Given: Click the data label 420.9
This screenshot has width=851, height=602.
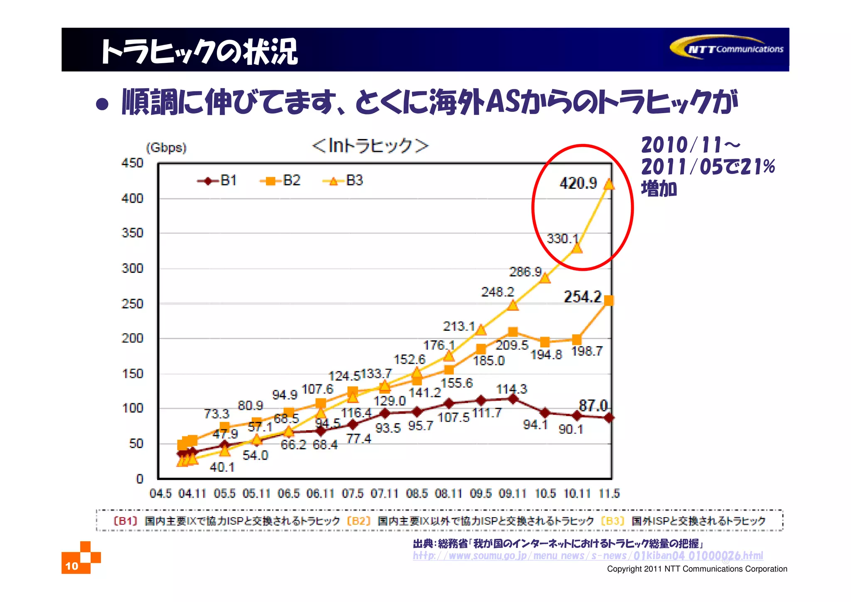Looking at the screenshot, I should (x=578, y=183).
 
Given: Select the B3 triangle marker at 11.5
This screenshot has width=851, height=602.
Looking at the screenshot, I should (x=609, y=184).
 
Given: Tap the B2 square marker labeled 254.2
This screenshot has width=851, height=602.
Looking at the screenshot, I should (x=609, y=300).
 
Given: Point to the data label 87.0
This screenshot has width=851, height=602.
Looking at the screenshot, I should (x=593, y=405).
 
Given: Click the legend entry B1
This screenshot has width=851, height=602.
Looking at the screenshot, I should (x=217, y=181).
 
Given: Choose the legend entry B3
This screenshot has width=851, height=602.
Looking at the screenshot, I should (x=343, y=181).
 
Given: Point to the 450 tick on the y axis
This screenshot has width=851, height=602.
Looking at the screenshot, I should (x=132, y=163).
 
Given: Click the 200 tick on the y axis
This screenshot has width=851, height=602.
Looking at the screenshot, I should (x=132, y=338).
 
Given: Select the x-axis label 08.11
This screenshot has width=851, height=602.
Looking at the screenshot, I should (x=448, y=493).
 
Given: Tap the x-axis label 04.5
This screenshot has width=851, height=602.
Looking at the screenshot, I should (x=160, y=493).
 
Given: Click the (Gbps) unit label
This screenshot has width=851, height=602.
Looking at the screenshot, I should (x=166, y=148).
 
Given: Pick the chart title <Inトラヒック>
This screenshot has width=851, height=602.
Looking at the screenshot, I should (x=370, y=146).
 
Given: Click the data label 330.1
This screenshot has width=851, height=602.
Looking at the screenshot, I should (x=562, y=238).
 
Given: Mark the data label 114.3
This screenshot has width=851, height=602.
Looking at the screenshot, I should (x=512, y=389).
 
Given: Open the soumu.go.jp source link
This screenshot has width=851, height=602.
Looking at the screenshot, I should (x=588, y=556).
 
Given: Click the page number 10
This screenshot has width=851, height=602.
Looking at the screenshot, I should (x=71, y=566).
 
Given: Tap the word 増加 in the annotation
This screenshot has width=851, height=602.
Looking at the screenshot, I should (x=659, y=188).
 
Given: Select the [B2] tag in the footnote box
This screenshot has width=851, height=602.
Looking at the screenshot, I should (x=359, y=521).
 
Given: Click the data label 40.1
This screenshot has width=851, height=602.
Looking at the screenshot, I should (x=222, y=467).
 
